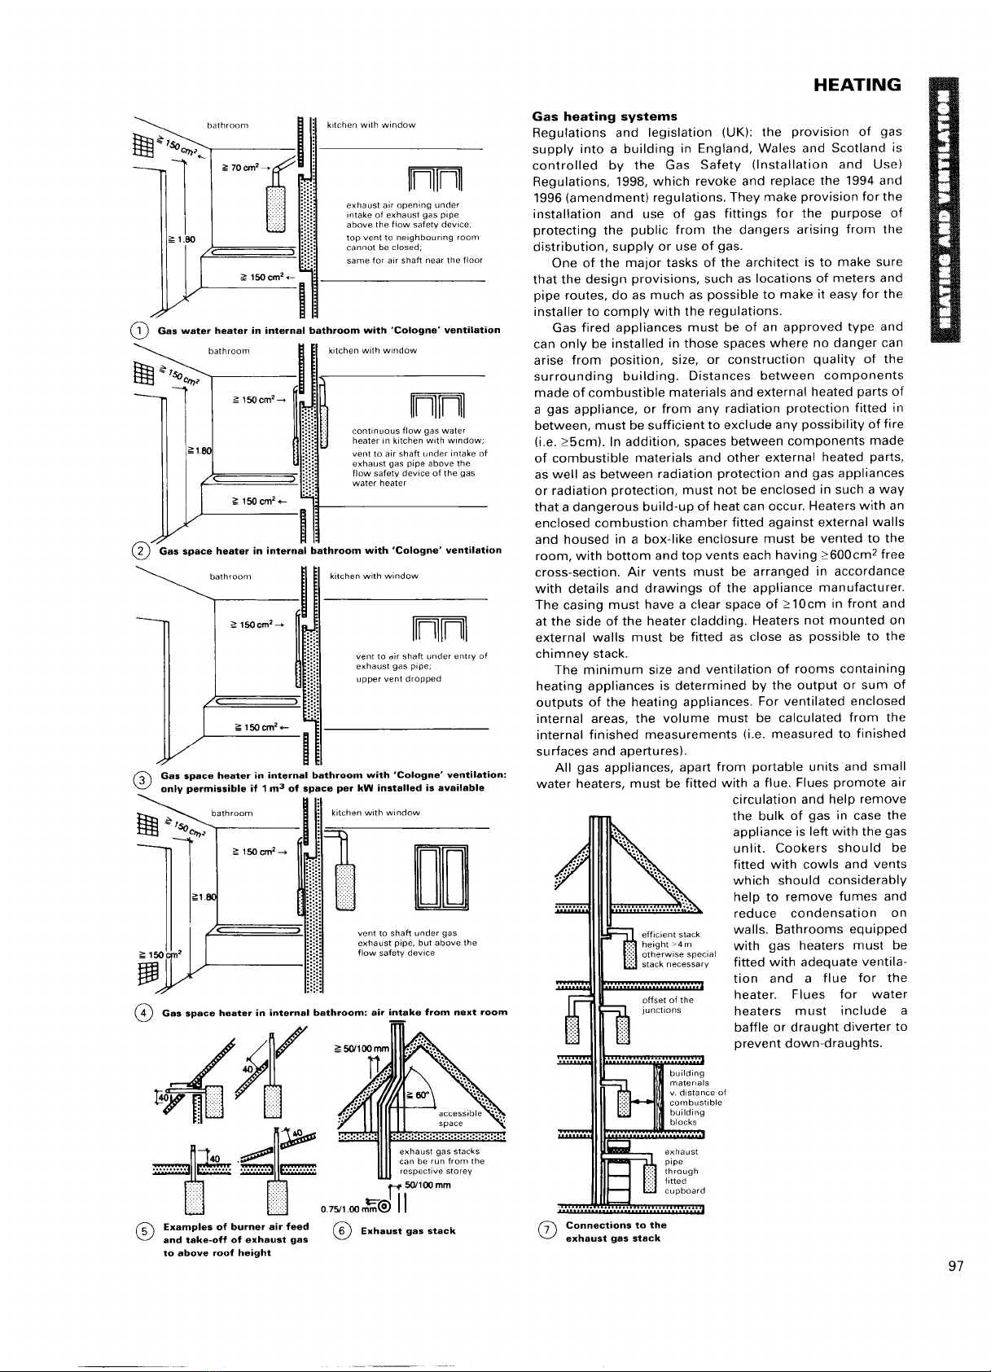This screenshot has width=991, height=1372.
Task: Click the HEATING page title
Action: [x=851, y=85]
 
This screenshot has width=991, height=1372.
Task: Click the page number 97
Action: [x=956, y=1265]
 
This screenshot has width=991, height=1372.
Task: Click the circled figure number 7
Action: [x=546, y=1231]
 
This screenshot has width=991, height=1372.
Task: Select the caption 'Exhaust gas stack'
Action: [x=408, y=1231]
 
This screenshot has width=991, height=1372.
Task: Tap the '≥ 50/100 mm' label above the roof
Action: [x=359, y=1046]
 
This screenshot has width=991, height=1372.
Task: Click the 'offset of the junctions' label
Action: [x=668, y=1005]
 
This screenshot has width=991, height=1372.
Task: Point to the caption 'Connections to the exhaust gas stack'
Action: [x=616, y=1231]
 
